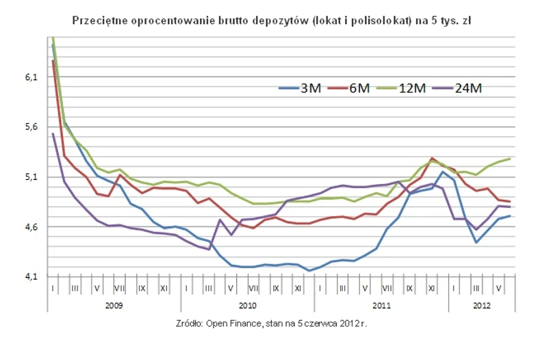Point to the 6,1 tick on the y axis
(31, 78)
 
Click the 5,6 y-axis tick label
(31, 127)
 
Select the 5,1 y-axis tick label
(31, 177)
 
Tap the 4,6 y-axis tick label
(31, 227)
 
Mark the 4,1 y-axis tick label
(31, 277)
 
